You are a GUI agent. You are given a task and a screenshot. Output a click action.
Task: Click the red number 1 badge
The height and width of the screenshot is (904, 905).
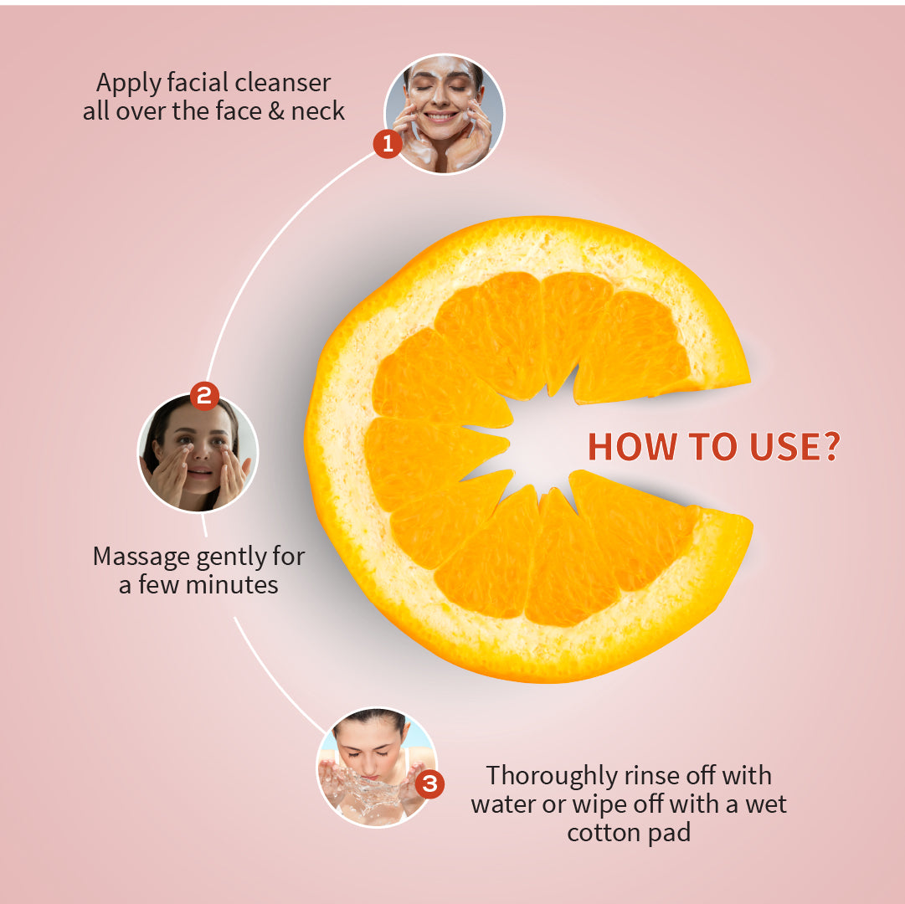point(387,144)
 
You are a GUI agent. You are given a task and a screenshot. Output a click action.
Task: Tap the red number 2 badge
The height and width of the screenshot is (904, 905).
point(204,395)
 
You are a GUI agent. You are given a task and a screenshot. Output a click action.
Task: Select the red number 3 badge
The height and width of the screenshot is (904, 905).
point(429,784)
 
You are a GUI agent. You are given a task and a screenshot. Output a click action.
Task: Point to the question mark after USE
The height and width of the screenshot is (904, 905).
point(828,448)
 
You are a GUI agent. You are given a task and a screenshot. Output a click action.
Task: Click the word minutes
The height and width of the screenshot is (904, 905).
point(232,584)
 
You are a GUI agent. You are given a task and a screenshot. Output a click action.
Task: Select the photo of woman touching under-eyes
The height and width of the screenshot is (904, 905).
point(198,454)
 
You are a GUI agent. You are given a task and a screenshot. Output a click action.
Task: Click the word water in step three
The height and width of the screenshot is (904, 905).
point(501,805)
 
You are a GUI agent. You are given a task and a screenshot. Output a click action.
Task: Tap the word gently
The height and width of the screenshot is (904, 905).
point(213,557)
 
